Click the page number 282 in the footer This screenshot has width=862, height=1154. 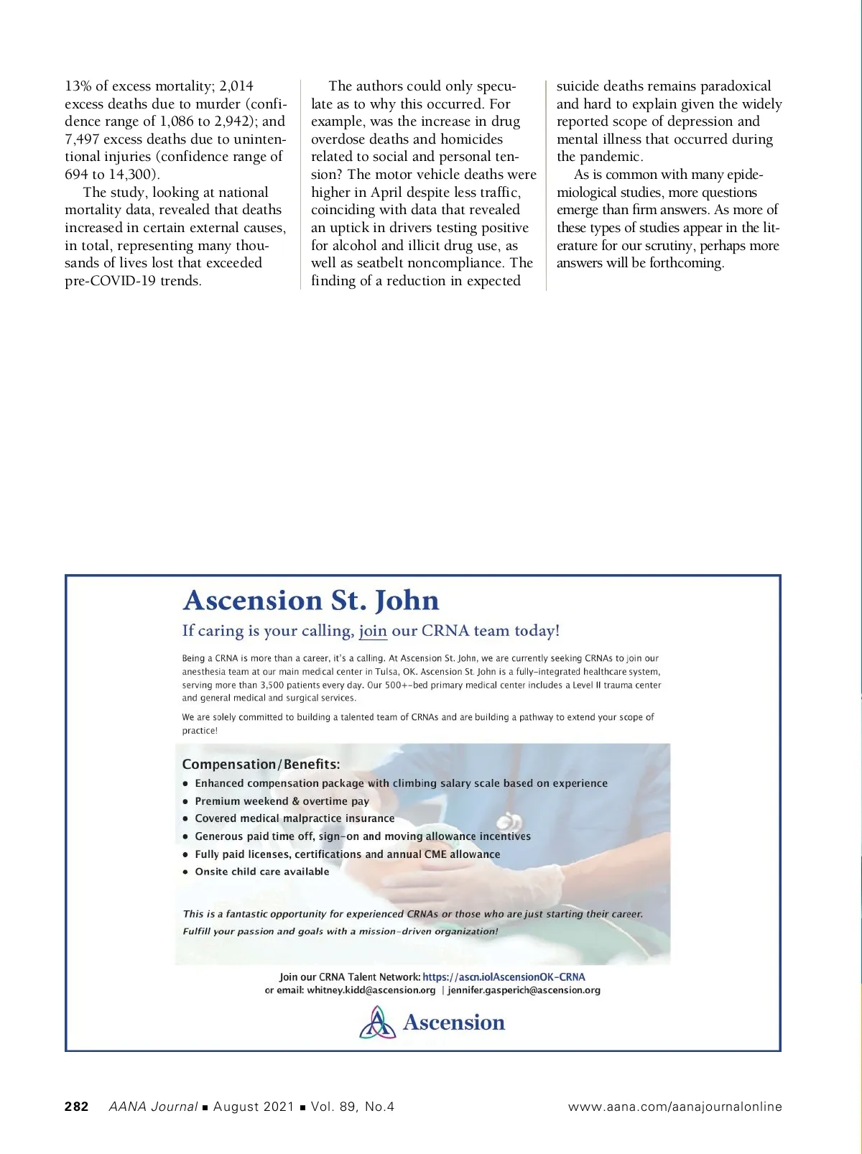[x=77, y=1107]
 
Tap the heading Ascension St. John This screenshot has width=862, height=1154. [x=310, y=600]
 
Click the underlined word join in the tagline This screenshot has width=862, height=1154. [x=373, y=631]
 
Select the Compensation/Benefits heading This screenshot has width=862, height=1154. [x=261, y=764]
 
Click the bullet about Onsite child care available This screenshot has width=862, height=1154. [x=261, y=872]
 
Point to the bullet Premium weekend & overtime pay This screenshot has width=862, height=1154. [x=282, y=801]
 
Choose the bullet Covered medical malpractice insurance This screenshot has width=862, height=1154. [x=295, y=818]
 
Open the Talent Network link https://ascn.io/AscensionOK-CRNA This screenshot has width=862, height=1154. [x=504, y=977]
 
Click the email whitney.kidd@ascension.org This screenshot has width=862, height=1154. [x=371, y=990]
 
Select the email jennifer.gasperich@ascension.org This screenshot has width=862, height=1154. [x=524, y=990]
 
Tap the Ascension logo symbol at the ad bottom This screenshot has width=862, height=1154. [x=377, y=1023]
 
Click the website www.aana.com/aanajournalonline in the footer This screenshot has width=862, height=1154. [x=675, y=1107]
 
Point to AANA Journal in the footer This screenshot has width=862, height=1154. [x=152, y=1107]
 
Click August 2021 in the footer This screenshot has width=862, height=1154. [x=254, y=1107]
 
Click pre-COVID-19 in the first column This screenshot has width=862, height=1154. [x=110, y=281]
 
